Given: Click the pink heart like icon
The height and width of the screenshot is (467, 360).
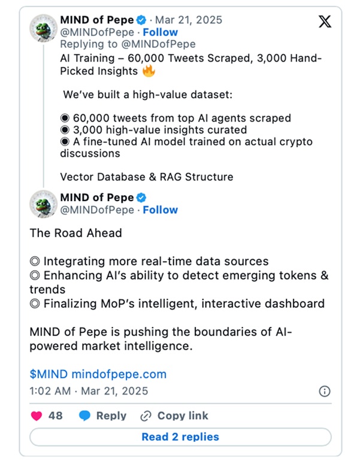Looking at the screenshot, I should click(x=35, y=416).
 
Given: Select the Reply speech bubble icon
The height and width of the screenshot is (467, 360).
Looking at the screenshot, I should click(x=85, y=416).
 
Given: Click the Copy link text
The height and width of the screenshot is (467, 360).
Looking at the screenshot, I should click(x=183, y=416).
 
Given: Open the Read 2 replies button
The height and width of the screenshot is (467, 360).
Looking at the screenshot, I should click(x=180, y=437).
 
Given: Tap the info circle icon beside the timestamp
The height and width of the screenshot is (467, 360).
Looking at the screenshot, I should click(x=324, y=391).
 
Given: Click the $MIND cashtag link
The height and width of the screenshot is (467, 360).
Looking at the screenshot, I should click(x=49, y=374).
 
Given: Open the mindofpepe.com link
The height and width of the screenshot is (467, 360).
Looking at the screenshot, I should click(x=119, y=374).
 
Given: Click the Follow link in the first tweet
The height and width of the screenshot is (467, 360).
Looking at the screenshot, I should click(x=161, y=32).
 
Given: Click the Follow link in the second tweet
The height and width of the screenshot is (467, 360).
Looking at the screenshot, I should click(x=161, y=210).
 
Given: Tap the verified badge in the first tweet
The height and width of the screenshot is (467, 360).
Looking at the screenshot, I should click(x=142, y=20).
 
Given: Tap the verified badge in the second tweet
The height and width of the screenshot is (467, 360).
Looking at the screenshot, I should click(x=142, y=198).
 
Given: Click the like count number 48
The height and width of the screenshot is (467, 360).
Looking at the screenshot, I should click(x=55, y=416).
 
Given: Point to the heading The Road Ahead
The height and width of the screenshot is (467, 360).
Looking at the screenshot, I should click(x=75, y=233).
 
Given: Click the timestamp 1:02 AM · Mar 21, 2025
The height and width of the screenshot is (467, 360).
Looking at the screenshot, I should click(x=89, y=392).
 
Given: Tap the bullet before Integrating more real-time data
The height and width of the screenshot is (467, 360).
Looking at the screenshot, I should click(x=35, y=262).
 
